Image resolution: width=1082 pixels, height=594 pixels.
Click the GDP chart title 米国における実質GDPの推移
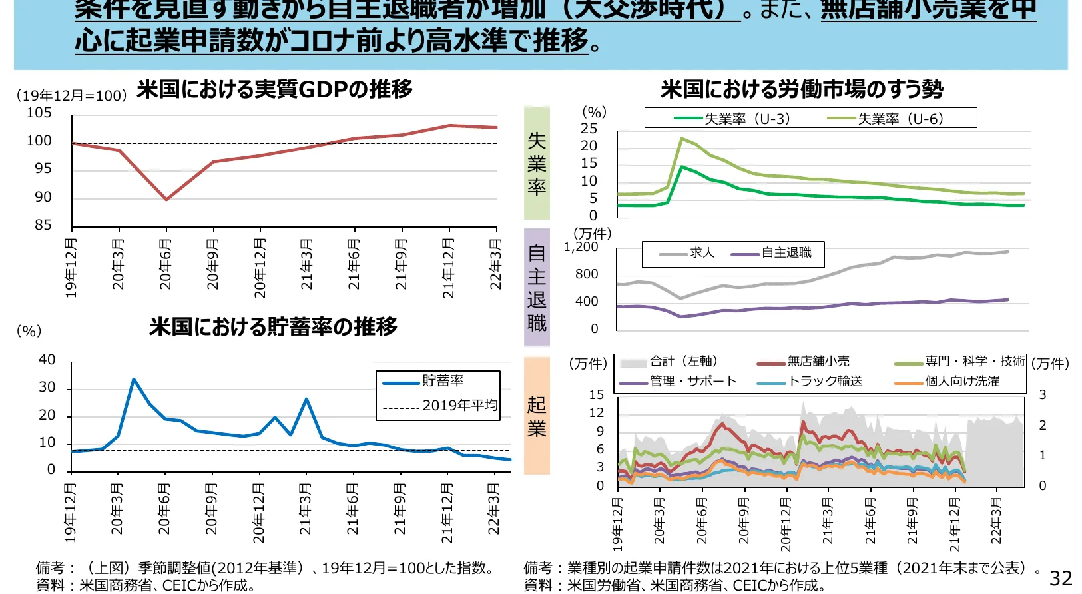pos(274,89)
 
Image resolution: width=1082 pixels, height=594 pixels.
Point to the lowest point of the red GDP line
pos(166,199)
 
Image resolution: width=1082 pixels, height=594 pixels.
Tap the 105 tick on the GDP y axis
pos(39,113)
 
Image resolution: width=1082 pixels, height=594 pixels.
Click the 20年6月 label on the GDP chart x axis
pos(165,264)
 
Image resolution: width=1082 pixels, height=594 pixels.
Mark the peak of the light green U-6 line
pos(681,139)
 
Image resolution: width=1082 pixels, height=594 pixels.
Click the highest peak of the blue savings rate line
pos(134,380)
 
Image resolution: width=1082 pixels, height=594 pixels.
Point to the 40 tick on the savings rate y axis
pos(47,360)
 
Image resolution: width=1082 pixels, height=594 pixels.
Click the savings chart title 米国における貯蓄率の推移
pos(273,326)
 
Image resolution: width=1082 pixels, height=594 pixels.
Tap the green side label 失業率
pos(537,163)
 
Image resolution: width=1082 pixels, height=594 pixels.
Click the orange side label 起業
pos(537,416)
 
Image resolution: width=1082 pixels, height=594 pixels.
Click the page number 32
pos(1061,578)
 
